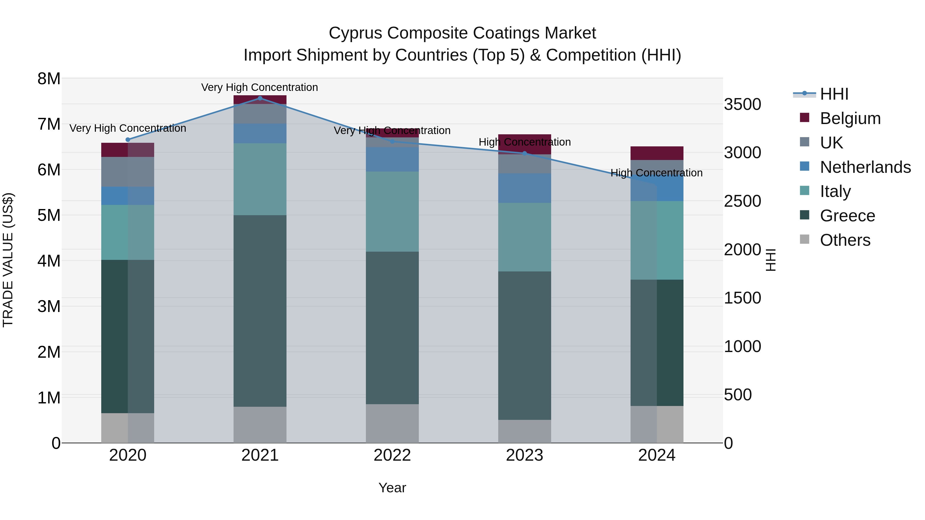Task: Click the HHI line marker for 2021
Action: click(260, 98)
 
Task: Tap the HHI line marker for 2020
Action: click(128, 140)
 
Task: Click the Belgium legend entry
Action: click(850, 118)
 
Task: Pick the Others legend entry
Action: click(845, 240)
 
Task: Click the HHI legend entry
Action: click(834, 94)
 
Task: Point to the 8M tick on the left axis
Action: click(49, 79)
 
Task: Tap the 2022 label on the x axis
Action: click(392, 455)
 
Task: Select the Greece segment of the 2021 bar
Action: click(260, 310)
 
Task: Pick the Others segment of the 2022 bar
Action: click(392, 423)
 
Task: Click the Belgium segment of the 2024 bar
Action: click(657, 153)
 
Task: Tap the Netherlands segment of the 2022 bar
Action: click(392, 159)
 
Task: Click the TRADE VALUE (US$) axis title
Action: click(8, 260)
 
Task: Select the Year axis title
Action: click(392, 488)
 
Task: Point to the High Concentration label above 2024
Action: click(656, 173)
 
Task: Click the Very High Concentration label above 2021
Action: click(259, 87)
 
